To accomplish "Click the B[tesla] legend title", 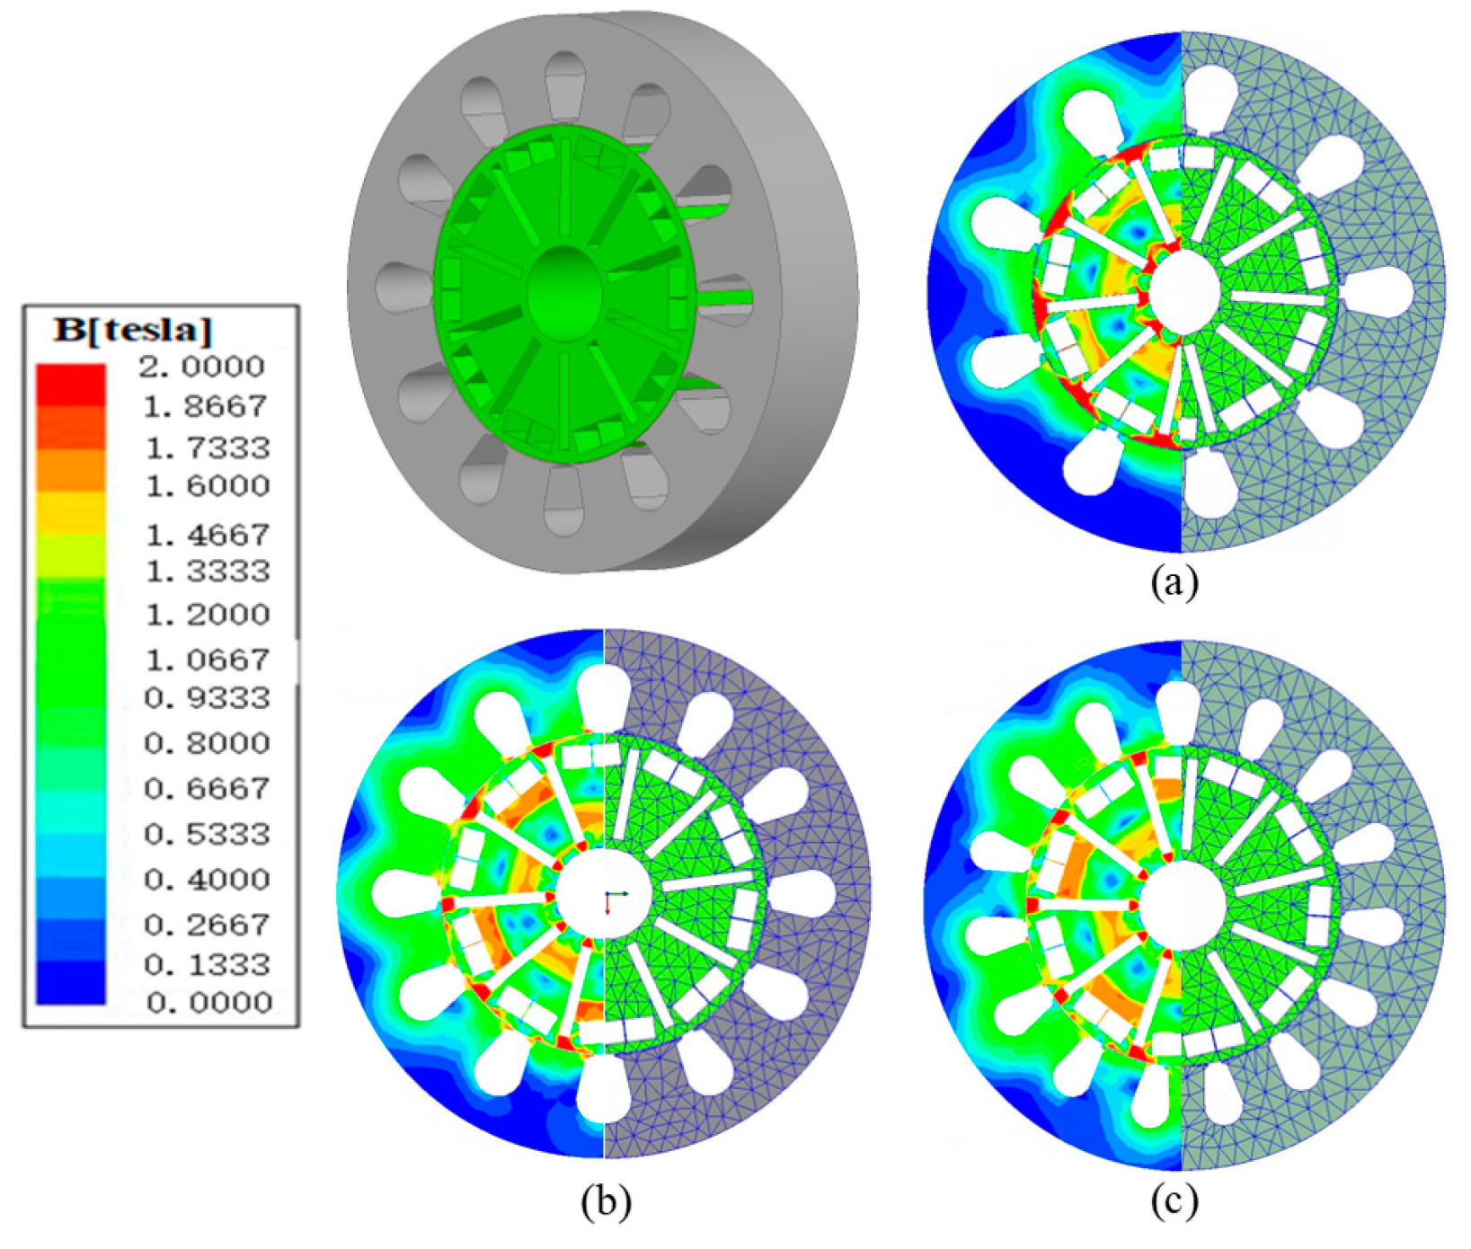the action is [133, 331].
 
